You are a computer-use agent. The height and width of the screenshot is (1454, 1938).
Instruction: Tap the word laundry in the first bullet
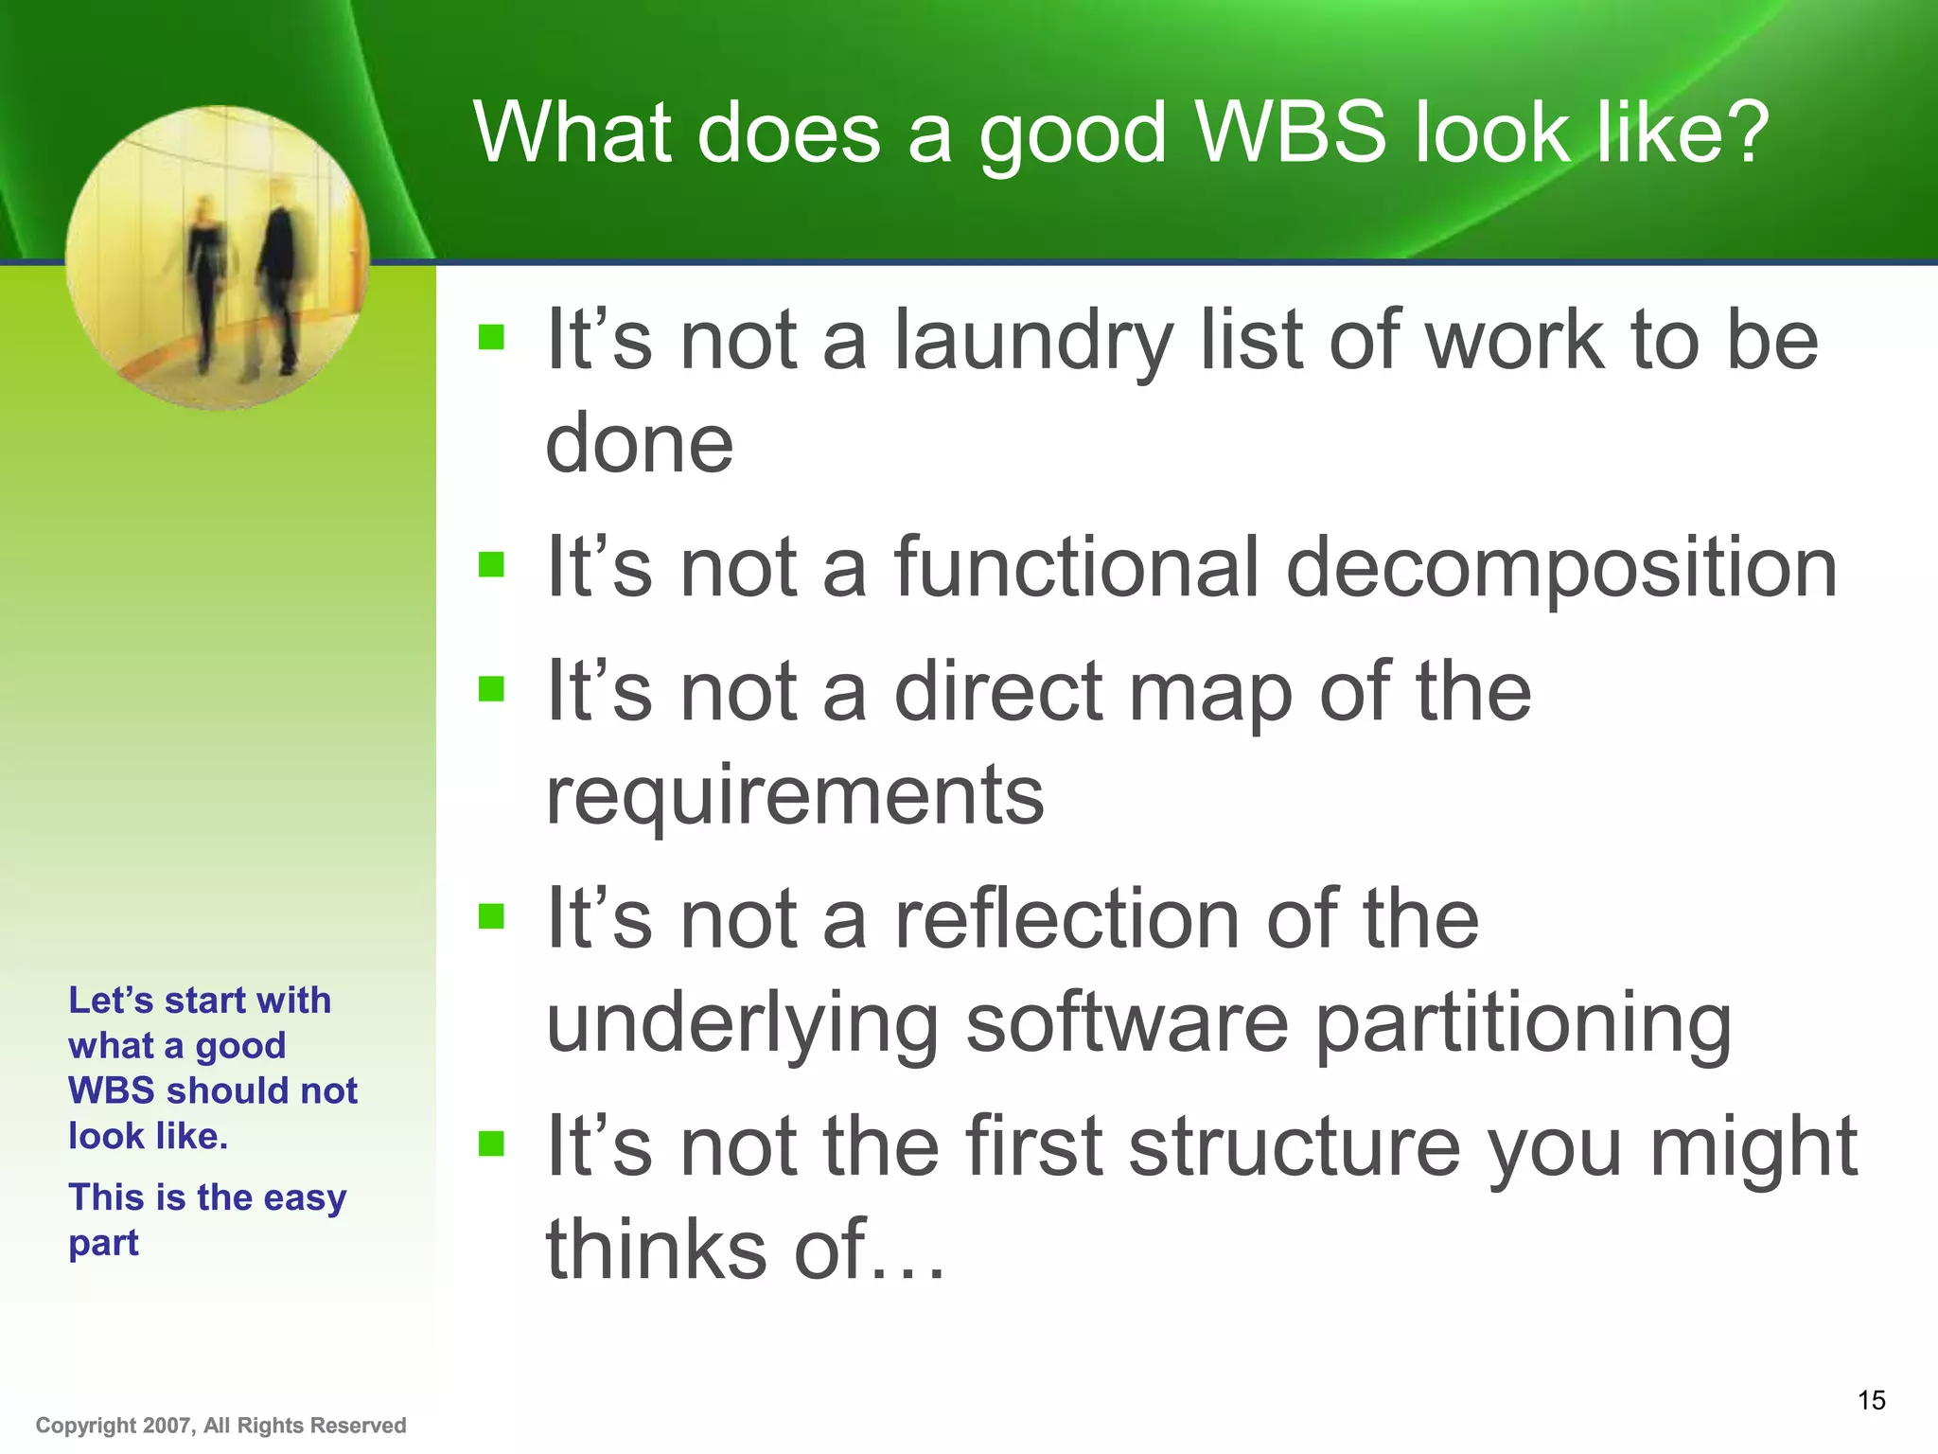tap(1034, 343)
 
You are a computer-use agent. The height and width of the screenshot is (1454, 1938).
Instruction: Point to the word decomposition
tap(1561, 570)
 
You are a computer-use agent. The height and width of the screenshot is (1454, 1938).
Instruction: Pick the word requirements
tap(795, 795)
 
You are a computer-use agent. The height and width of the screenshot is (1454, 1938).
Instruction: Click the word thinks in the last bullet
tap(655, 1250)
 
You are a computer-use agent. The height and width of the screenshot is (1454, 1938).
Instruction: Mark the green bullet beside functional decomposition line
tap(491, 565)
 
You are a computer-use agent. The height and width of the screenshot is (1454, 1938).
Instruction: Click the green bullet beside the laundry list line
tap(491, 337)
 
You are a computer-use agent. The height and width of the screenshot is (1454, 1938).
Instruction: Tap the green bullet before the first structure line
tap(491, 1144)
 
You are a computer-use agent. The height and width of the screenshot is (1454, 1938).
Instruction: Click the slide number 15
tap(1871, 1400)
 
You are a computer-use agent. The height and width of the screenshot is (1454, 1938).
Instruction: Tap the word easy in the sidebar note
tap(305, 1197)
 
